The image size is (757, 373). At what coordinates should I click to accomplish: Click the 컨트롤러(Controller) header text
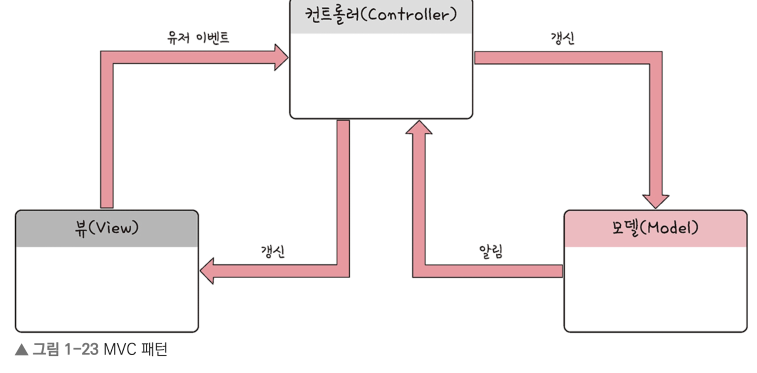381,15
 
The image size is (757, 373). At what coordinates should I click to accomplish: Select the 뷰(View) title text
106,229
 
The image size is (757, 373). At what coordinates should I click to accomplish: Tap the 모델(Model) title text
655,228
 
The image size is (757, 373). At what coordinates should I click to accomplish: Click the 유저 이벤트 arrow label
198,38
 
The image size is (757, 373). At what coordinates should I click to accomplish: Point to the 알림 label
490,251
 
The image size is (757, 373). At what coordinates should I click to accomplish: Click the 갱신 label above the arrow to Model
562,39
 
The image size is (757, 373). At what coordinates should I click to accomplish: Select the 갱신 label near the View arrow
272,251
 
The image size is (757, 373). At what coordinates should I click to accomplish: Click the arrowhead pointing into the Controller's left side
280,57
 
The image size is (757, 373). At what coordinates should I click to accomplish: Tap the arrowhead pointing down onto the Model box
655,200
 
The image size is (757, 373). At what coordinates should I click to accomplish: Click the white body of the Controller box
381,75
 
